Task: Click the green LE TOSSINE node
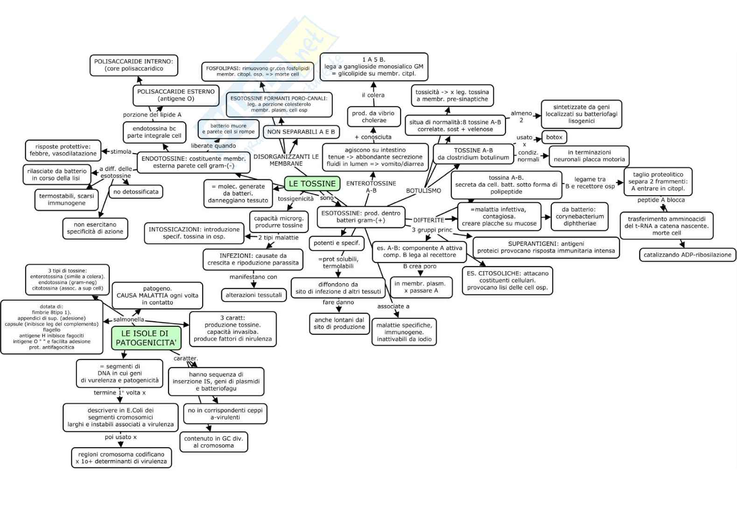click(x=312, y=183)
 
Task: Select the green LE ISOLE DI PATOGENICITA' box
click(x=146, y=338)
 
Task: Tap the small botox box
click(x=554, y=137)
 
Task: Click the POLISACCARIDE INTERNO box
click(x=133, y=65)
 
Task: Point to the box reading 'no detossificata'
click(x=136, y=191)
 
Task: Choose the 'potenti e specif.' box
click(x=337, y=243)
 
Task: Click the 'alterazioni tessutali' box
click(x=253, y=295)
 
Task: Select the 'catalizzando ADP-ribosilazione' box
click(x=687, y=255)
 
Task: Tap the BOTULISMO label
click(x=423, y=190)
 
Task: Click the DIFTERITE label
click(x=428, y=220)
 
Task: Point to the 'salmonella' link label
click(x=128, y=320)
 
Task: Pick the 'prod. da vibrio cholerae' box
click(x=373, y=117)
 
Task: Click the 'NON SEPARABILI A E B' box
click(x=301, y=132)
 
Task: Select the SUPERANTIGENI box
click(x=546, y=247)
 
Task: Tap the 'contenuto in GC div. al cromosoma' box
click(x=213, y=442)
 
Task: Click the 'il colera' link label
click(x=373, y=95)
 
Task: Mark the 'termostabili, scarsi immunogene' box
click(x=66, y=199)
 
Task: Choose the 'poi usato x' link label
click(x=120, y=437)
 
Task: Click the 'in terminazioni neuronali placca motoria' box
click(x=589, y=156)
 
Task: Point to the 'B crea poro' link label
click(x=420, y=266)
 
